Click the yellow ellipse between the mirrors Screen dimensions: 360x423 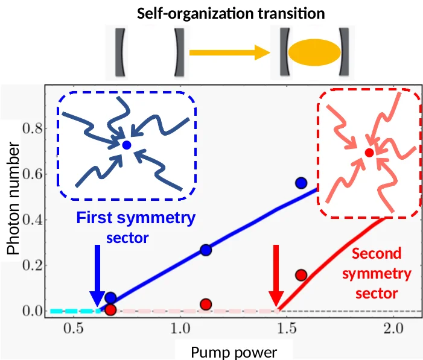point(312,52)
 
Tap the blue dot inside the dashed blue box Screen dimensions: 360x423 point(126,145)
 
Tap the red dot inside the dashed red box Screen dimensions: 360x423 point(369,153)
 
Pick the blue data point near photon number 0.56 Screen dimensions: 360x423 point(301,183)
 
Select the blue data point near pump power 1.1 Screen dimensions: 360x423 point(206,250)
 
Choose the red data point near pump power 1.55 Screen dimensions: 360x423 point(301,275)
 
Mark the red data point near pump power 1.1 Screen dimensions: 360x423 point(206,304)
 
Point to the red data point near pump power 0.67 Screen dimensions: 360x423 point(110,310)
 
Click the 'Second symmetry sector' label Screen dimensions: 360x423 point(377,273)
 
